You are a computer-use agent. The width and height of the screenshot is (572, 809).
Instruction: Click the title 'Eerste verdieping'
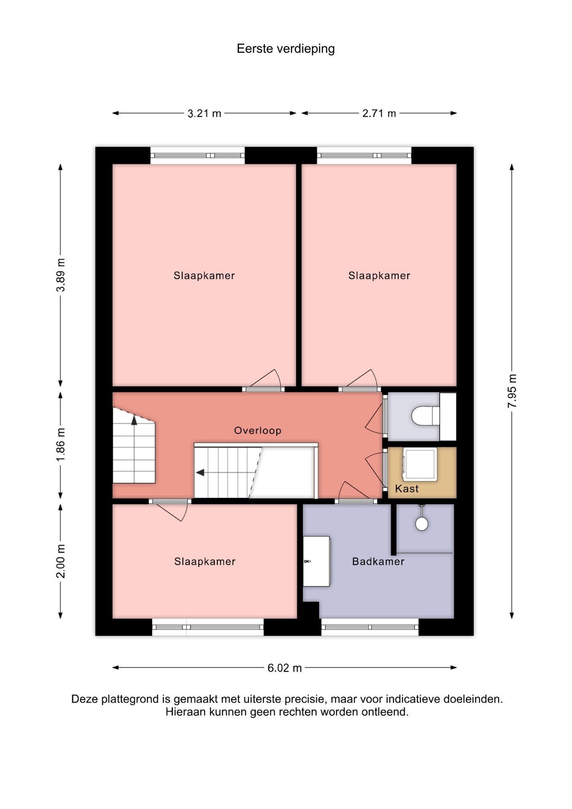coord(286,49)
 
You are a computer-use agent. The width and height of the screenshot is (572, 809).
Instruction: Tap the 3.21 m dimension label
coord(204,113)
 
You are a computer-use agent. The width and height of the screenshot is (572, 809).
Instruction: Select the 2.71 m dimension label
coord(379,113)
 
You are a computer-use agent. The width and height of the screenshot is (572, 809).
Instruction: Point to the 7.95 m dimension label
coord(512,391)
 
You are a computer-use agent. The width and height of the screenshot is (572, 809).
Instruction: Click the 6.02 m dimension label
coord(285,668)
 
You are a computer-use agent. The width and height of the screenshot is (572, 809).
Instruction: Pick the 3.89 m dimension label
coord(61,275)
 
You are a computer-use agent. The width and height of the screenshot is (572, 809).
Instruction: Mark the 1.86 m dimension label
coord(61,444)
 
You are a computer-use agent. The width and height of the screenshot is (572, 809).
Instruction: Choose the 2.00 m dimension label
coord(61,561)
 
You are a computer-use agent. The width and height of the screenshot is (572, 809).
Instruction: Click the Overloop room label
coord(257,431)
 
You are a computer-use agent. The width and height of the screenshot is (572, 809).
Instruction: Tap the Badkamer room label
coord(378,562)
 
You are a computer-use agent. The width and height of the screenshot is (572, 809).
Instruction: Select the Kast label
coord(406,489)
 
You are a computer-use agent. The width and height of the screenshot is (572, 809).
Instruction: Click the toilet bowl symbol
coord(425,416)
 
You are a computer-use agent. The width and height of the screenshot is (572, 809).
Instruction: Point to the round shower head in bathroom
coord(422,524)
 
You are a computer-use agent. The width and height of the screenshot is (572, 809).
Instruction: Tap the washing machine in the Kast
coord(420,464)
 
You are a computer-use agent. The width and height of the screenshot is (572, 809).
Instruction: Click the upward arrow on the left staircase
coord(134,420)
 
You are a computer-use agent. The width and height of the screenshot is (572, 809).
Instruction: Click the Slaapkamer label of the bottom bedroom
coord(205,562)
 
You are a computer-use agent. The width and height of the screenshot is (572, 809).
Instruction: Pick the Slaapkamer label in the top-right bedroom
coord(379,276)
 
